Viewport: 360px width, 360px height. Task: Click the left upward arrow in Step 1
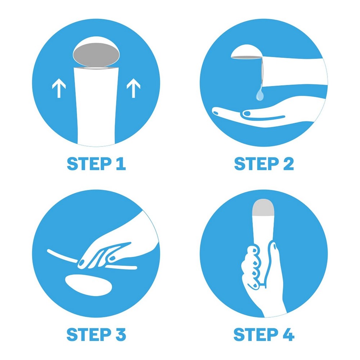pos(59,88)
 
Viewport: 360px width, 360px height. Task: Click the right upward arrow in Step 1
pos(134,88)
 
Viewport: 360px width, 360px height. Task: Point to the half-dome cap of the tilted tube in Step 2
pos(246,51)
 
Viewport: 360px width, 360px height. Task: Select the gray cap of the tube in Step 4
pos(264,208)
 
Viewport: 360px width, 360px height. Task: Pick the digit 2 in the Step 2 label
pos(289,163)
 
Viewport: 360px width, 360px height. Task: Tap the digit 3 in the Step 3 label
pos(121,334)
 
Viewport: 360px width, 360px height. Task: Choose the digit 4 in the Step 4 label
pos(289,334)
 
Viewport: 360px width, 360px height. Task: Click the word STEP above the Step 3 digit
pos(89,334)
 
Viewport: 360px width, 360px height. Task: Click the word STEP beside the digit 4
pos(256,334)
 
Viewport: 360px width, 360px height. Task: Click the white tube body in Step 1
pos(96,105)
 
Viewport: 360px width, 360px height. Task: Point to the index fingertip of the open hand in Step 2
pos(216,112)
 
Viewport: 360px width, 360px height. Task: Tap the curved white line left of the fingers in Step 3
pos(62,256)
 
